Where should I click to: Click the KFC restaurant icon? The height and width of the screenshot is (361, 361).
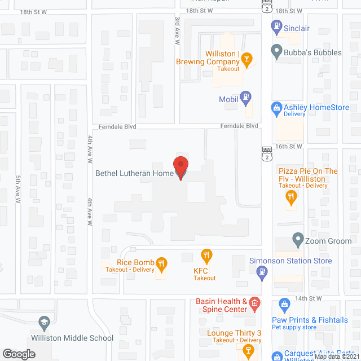tap(206, 256)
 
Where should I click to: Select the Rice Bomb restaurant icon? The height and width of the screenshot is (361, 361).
tap(162, 262)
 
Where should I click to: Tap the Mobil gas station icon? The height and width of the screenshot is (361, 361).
tap(245, 98)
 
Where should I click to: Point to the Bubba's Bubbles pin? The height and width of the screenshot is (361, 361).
tap(276, 52)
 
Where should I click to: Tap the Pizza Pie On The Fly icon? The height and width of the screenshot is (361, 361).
tap(291, 196)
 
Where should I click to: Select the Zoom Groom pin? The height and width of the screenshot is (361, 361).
tap(298, 240)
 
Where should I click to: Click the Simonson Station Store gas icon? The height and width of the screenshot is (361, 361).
tap(261, 272)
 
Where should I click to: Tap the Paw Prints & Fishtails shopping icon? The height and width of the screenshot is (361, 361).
tap(284, 306)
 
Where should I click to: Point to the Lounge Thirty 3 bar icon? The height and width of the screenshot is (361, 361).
tap(246, 350)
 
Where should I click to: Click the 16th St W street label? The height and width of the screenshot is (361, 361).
tap(289, 146)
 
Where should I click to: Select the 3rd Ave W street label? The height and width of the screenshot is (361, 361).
tap(177, 31)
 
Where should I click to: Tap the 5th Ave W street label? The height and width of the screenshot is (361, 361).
tap(18, 189)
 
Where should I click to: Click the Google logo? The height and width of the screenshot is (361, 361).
tap(19, 354)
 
